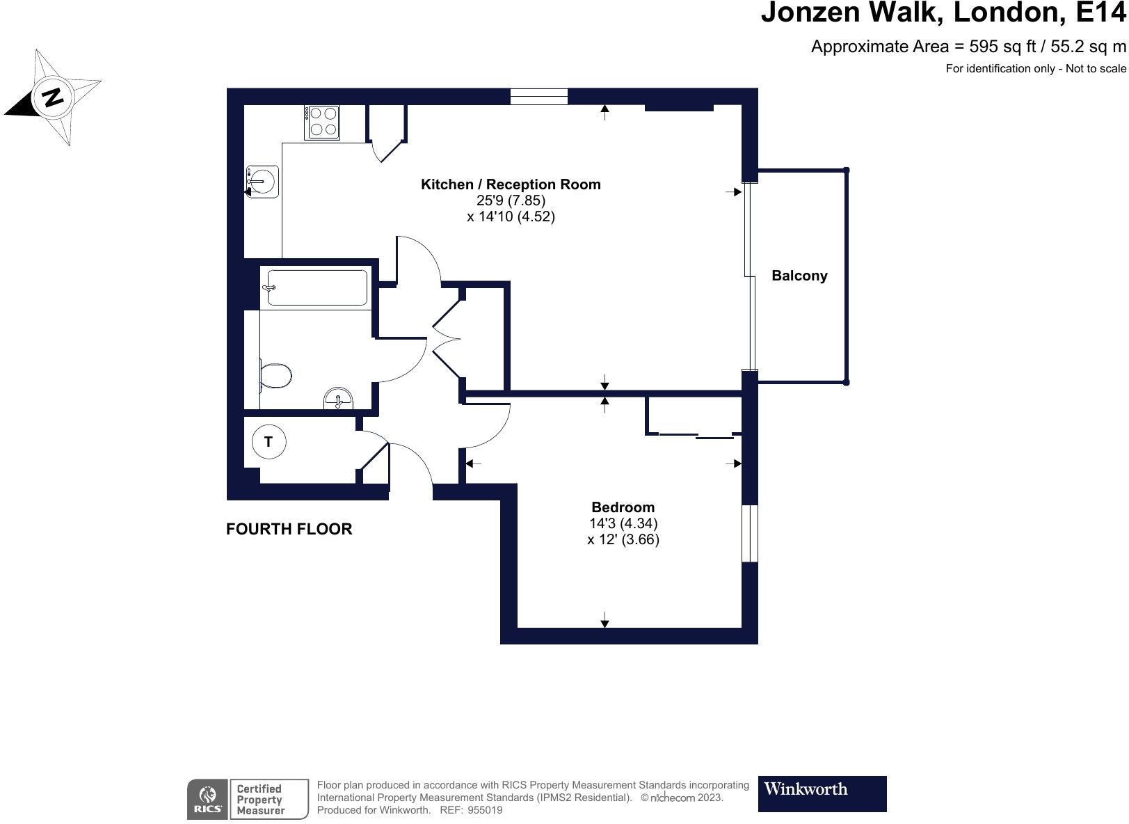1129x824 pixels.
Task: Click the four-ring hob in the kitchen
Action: tap(321, 122)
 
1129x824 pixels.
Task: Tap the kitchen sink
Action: tap(262, 181)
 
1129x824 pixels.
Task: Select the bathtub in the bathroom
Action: tap(317, 287)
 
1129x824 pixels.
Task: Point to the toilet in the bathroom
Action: tap(275, 376)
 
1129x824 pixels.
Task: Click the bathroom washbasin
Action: tap(338, 398)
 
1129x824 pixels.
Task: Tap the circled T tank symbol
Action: tap(269, 442)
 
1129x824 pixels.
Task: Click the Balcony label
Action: tap(799, 276)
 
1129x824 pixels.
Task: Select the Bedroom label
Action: tap(623, 507)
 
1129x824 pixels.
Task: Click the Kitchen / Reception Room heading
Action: tap(511, 184)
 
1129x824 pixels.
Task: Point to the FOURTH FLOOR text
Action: tap(289, 529)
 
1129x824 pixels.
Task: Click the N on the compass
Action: tap(52, 97)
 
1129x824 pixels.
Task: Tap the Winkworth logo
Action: tap(822, 794)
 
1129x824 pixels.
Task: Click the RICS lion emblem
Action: tap(207, 795)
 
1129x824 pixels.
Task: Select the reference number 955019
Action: tap(485, 810)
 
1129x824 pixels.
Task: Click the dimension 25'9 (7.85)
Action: tap(511, 200)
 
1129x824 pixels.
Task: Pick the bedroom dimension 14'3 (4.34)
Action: tap(623, 523)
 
